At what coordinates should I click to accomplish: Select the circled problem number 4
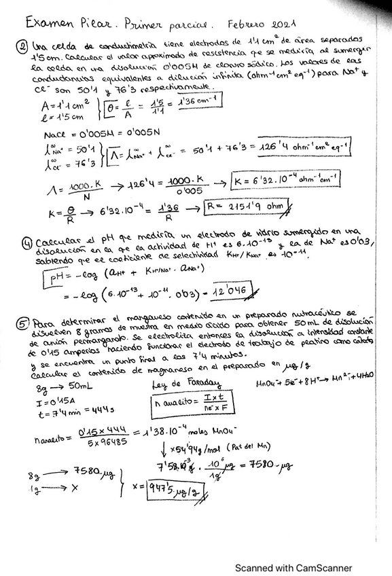point(26,241)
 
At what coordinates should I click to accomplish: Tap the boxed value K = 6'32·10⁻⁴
point(285,180)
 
